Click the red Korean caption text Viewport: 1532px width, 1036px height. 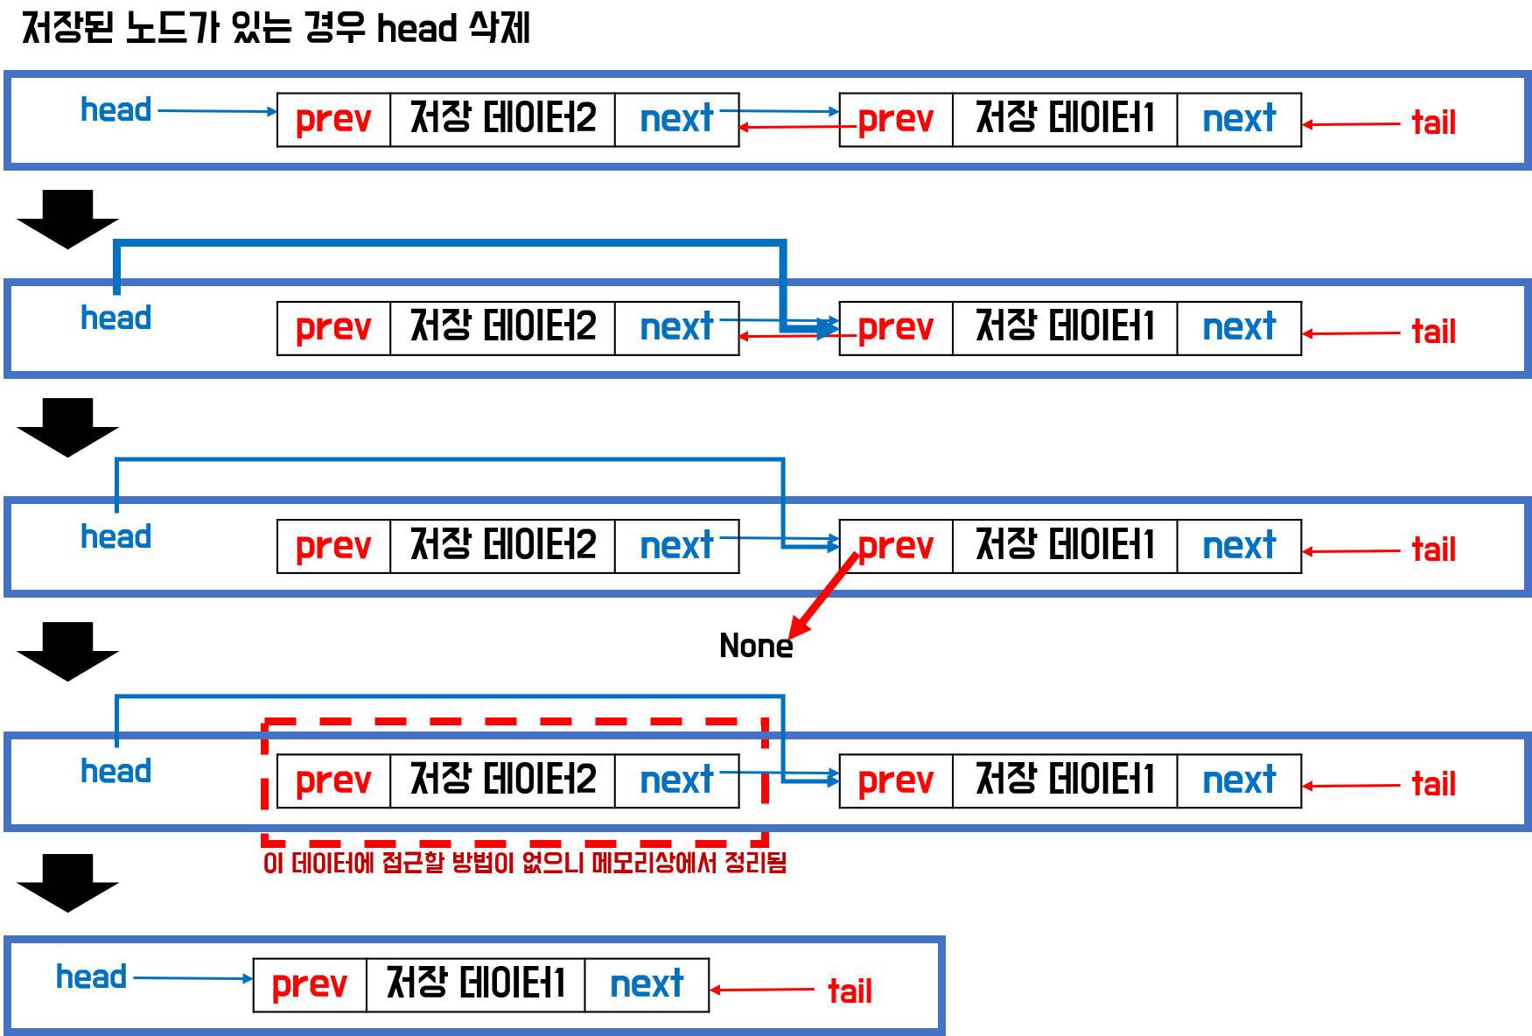pos(524,863)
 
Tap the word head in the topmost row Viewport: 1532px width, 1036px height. pos(115,110)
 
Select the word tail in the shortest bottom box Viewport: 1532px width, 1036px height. pos(850,991)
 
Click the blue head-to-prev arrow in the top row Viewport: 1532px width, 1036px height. pos(217,111)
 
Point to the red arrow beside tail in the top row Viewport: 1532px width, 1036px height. pos(1351,124)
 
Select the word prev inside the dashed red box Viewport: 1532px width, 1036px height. pos(333,780)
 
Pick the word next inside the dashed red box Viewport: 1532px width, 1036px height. pos(676,780)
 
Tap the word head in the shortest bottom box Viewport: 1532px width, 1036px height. pos(91,976)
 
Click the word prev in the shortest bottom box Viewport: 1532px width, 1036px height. pos(309,985)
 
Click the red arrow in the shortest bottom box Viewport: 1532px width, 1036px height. pos(761,990)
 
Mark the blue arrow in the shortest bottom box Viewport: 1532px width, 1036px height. pos(192,978)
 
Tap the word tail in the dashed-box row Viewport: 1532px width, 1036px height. pos(1433,784)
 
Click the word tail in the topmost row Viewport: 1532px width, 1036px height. pos(1433,122)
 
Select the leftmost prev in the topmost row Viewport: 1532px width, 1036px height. pos(333,119)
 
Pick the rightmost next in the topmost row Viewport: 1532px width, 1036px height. pos(1239,119)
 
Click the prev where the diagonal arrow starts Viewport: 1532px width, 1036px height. pos(895,547)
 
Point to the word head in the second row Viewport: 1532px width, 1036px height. pos(115,318)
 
